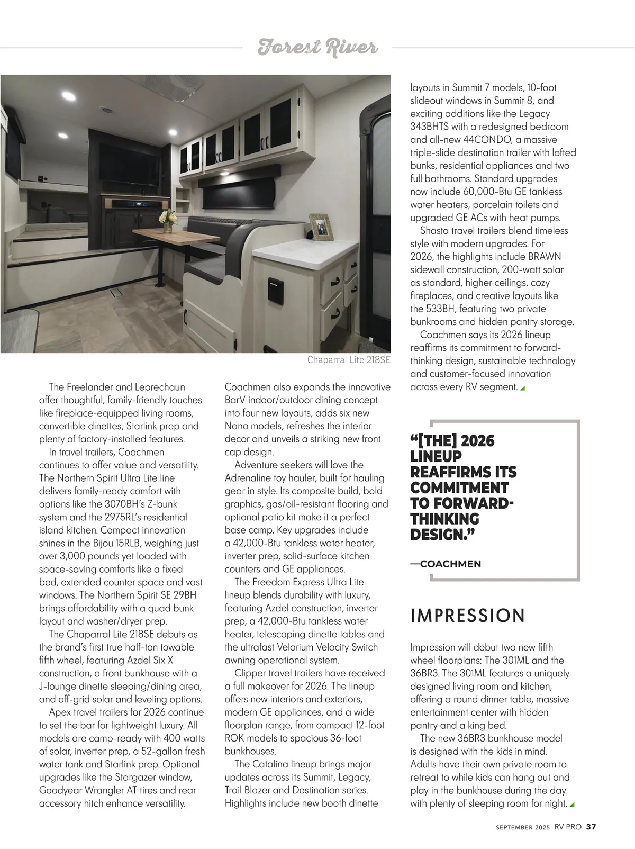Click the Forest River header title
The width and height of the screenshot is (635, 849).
click(317, 48)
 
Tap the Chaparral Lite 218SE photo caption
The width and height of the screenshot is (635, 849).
click(349, 360)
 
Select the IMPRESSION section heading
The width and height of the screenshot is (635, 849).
click(468, 616)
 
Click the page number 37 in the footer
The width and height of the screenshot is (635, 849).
click(592, 827)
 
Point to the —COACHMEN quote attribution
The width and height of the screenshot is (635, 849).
click(446, 564)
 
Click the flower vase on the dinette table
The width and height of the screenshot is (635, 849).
click(169, 220)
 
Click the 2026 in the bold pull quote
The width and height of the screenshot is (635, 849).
click(477, 441)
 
